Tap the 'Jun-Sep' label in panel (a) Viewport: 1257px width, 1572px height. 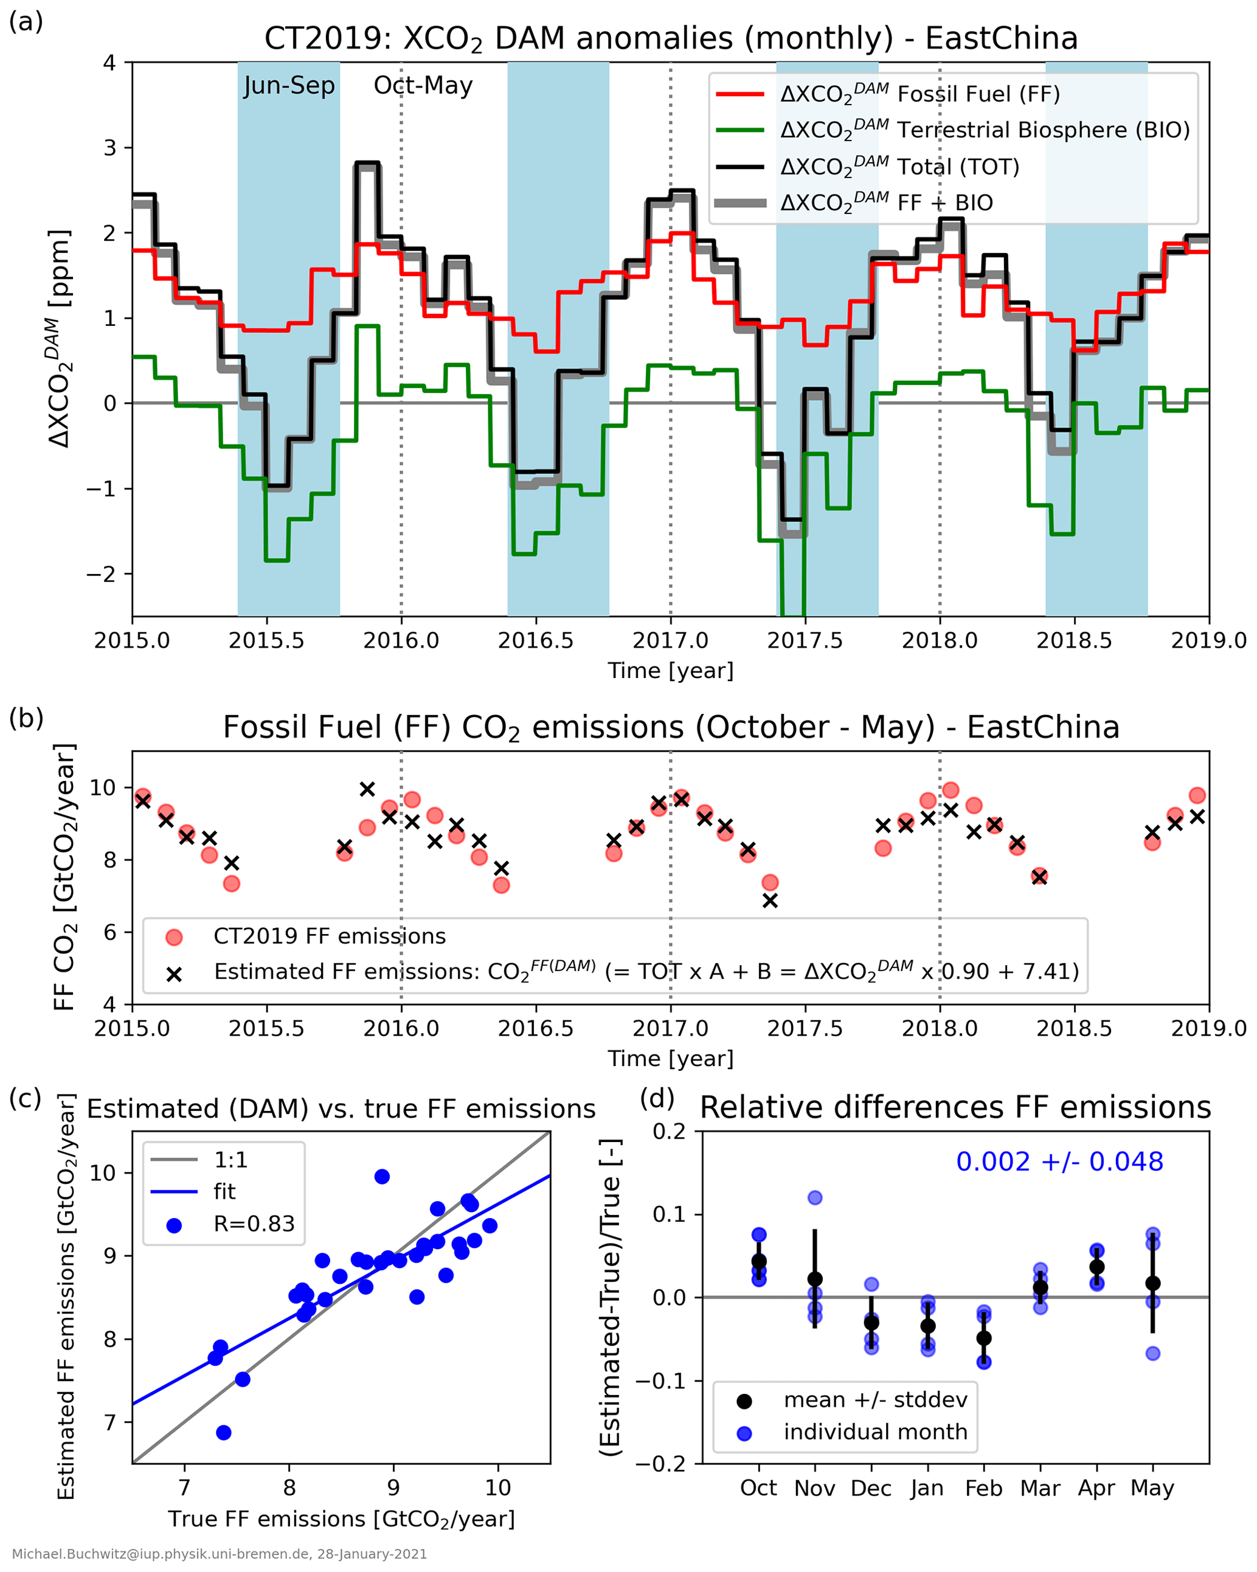pyautogui.click(x=289, y=86)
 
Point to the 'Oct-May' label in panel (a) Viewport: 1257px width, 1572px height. pyautogui.click(x=423, y=86)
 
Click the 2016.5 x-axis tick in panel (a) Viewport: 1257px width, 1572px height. pyautogui.click(x=536, y=640)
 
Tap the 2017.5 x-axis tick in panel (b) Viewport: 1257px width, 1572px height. pyautogui.click(x=805, y=1028)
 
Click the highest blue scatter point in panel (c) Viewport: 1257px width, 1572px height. pyautogui.click(x=382, y=1177)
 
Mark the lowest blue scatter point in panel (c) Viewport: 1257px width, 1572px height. pyautogui.click(x=224, y=1433)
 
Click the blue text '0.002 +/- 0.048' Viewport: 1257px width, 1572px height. pyautogui.click(x=1059, y=1162)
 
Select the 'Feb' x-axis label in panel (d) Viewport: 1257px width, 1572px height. pyautogui.click(x=983, y=1488)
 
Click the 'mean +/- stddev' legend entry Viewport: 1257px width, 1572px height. pyautogui.click(x=875, y=1400)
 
